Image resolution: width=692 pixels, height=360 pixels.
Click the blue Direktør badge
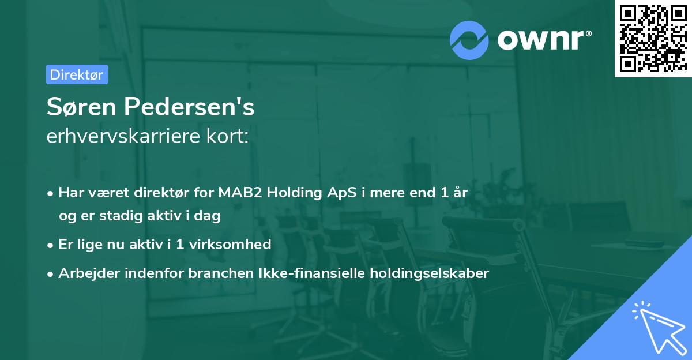[77, 74]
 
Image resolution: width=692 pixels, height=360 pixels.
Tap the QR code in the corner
[652, 38]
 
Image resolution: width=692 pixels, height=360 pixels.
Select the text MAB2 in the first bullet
[238, 193]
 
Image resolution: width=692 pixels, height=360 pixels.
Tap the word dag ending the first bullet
[209, 216]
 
